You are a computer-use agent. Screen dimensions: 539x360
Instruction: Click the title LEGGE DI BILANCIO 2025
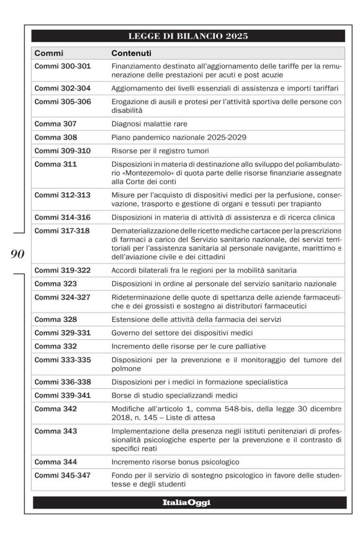point(189,36)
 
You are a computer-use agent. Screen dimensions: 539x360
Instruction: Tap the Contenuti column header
point(132,53)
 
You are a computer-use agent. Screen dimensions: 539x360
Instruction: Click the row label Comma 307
point(56,123)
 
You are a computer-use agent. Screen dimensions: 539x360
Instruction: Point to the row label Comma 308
point(56,137)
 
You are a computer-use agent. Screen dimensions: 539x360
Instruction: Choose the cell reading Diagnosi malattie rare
point(149,123)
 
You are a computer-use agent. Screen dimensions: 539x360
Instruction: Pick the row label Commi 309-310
point(63,151)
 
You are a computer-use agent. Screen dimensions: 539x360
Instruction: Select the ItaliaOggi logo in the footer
point(189,502)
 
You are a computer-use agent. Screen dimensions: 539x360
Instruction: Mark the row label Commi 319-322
point(63,270)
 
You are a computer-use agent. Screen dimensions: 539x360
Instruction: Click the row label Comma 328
point(56,319)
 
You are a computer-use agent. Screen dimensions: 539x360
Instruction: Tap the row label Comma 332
point(56,346)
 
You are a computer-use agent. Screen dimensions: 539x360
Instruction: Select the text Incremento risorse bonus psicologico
point(176,462)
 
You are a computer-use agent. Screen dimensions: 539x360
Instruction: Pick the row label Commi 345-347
point(63,475)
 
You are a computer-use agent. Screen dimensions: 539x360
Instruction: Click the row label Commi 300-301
point(63,66)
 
